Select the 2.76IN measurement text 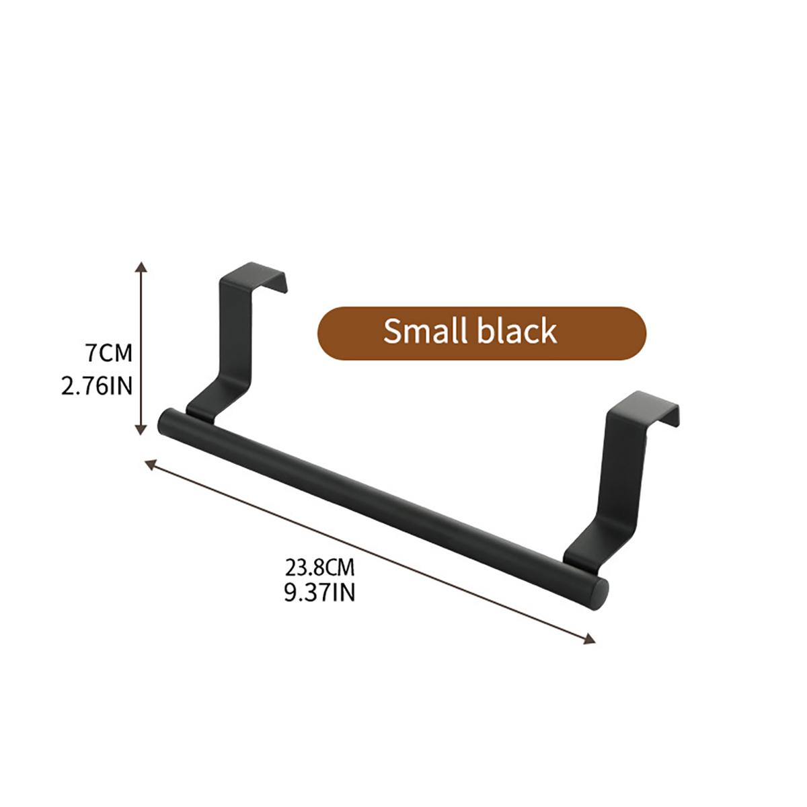97,387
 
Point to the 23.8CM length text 319,568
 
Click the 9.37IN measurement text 319,592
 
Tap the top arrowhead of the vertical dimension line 141,267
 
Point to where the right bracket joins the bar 578,557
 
